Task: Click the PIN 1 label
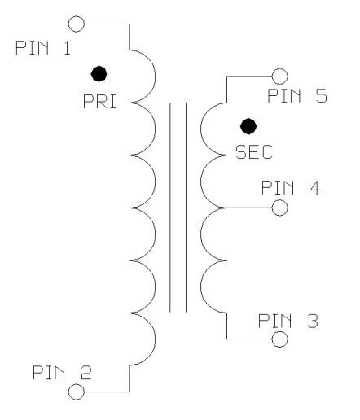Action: [x=42, y=48]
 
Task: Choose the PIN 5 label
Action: [x=298, y=96]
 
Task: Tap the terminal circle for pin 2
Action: [x=77, y=392]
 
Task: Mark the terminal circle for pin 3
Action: [x=280, y=337]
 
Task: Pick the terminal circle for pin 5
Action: [x=282, y=76]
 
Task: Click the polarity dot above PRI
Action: [x=99, y=73]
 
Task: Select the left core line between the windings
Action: [x=170, y=207]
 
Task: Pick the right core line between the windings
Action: [x=185, y=207]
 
